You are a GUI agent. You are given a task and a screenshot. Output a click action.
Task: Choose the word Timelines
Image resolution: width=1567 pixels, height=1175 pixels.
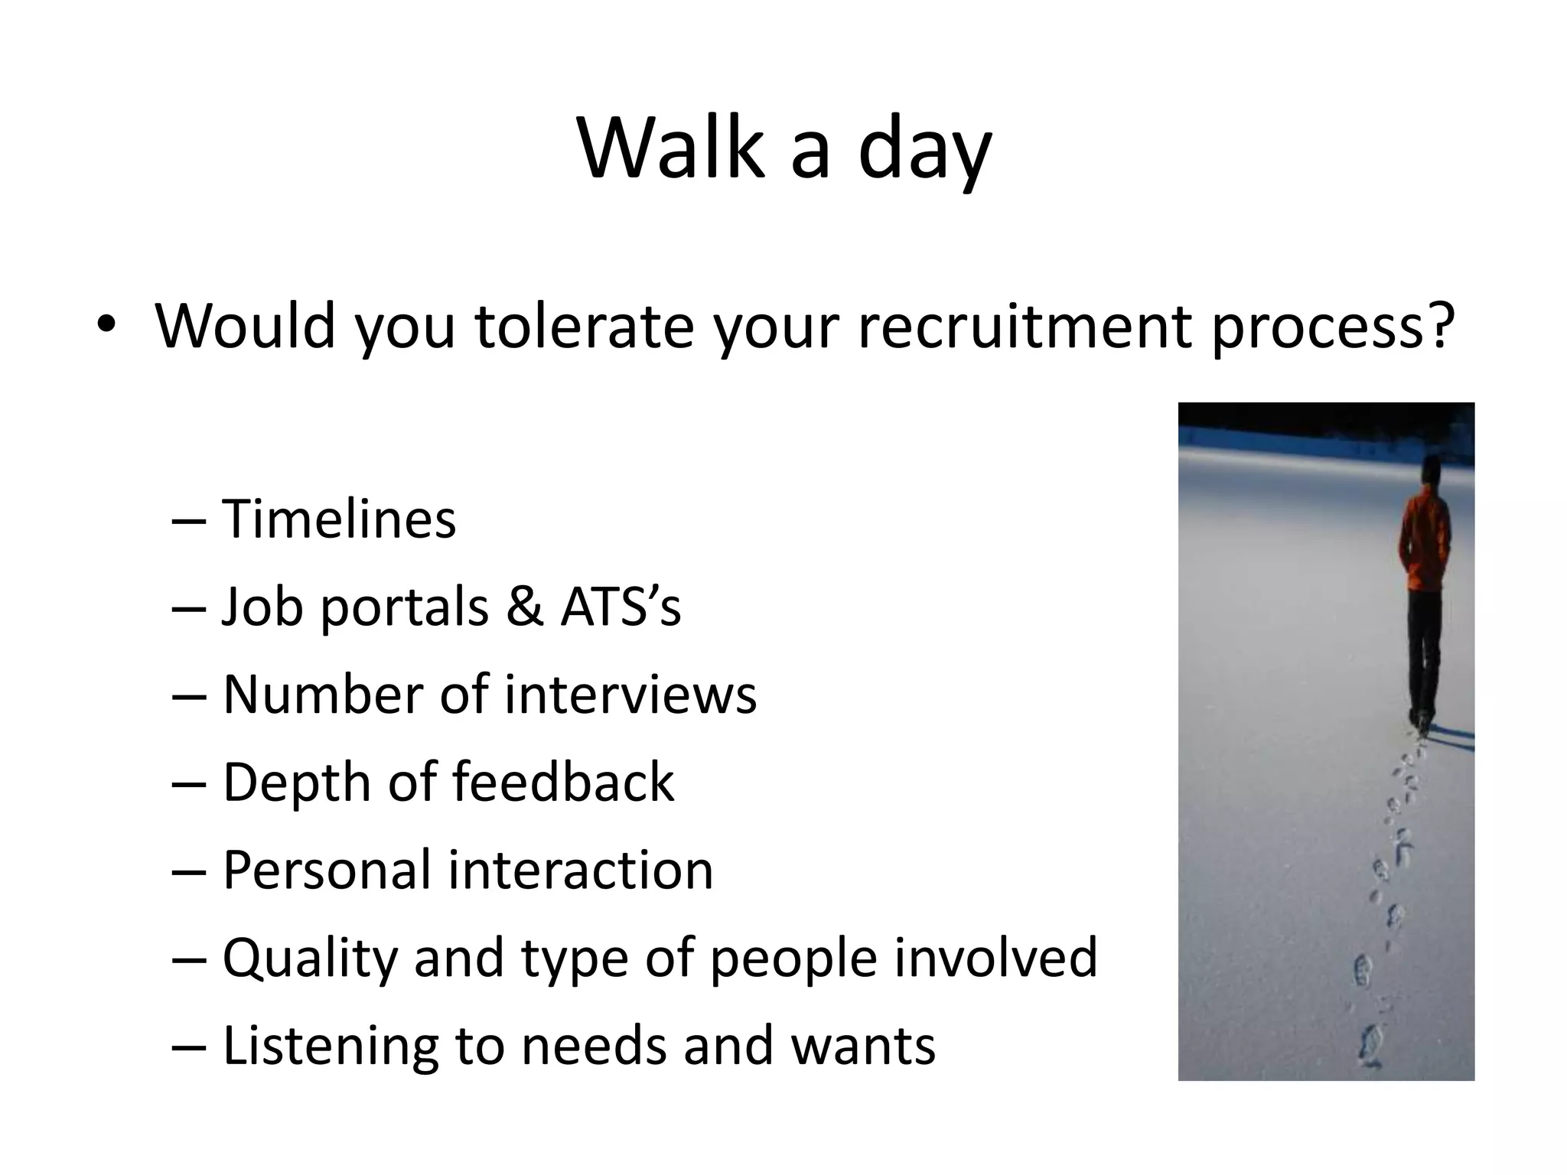point(339,519)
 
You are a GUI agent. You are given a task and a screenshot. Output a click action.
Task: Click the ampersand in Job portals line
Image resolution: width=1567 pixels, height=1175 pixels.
point(524,607)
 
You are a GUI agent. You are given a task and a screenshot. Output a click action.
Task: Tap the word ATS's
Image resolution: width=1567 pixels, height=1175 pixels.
point(621,607)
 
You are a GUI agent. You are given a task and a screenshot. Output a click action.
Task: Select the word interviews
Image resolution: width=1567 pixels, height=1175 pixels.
point(630,695)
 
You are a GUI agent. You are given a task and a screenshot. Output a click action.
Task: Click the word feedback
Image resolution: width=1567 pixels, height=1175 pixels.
point(563,783)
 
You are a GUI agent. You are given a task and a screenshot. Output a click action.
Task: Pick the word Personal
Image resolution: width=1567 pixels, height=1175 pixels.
point(327,871)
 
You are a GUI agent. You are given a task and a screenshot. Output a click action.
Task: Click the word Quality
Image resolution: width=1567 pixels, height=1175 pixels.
point(309,958)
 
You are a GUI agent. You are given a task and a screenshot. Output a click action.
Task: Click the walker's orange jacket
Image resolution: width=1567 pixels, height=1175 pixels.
point(1425,543)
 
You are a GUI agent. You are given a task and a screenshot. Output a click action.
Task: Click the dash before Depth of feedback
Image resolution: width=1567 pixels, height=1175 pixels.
point(189,783)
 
